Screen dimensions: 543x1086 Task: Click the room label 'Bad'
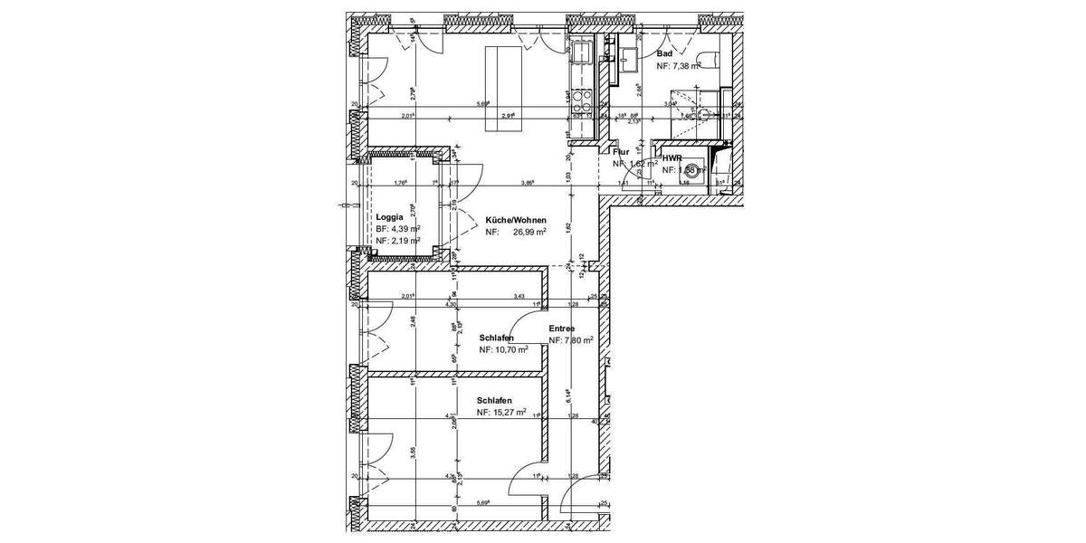(664, 53)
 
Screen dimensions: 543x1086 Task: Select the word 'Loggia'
(389, 217)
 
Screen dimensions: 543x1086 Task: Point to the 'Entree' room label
(563, 329)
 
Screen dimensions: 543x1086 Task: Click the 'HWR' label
(671, 157)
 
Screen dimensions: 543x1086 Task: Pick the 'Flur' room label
(622, 153)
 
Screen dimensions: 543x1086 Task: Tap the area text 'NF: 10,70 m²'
(504, 349)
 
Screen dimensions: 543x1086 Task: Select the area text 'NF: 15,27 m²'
(502, 413)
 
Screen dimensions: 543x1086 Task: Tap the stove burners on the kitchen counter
(580, 101)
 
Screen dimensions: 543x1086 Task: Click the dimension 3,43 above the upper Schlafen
(519, 297)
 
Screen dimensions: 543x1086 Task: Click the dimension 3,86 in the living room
(528, 183)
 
